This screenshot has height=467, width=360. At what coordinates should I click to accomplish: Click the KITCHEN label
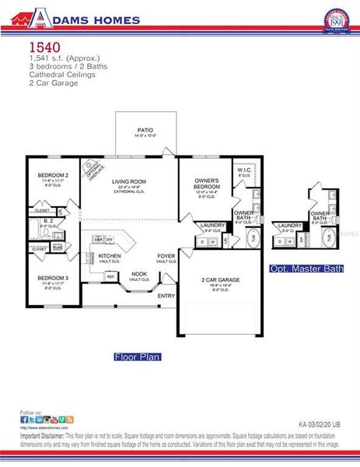click(110, 255)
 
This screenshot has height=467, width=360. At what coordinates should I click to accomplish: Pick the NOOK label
click(138, 273)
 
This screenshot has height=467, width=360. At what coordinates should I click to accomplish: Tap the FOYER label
click(166, 255)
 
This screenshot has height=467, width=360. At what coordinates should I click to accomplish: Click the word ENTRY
click(166, 296)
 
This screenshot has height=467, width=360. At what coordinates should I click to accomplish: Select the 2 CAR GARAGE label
click(220, 279)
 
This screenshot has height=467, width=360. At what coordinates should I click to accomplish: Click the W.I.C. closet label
click(243, 170)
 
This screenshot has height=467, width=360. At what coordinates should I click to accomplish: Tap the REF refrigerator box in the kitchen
click(110, 276)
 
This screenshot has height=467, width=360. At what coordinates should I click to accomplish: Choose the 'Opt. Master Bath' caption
click(306, 269)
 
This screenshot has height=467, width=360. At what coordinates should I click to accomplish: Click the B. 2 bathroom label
click(48, 220)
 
